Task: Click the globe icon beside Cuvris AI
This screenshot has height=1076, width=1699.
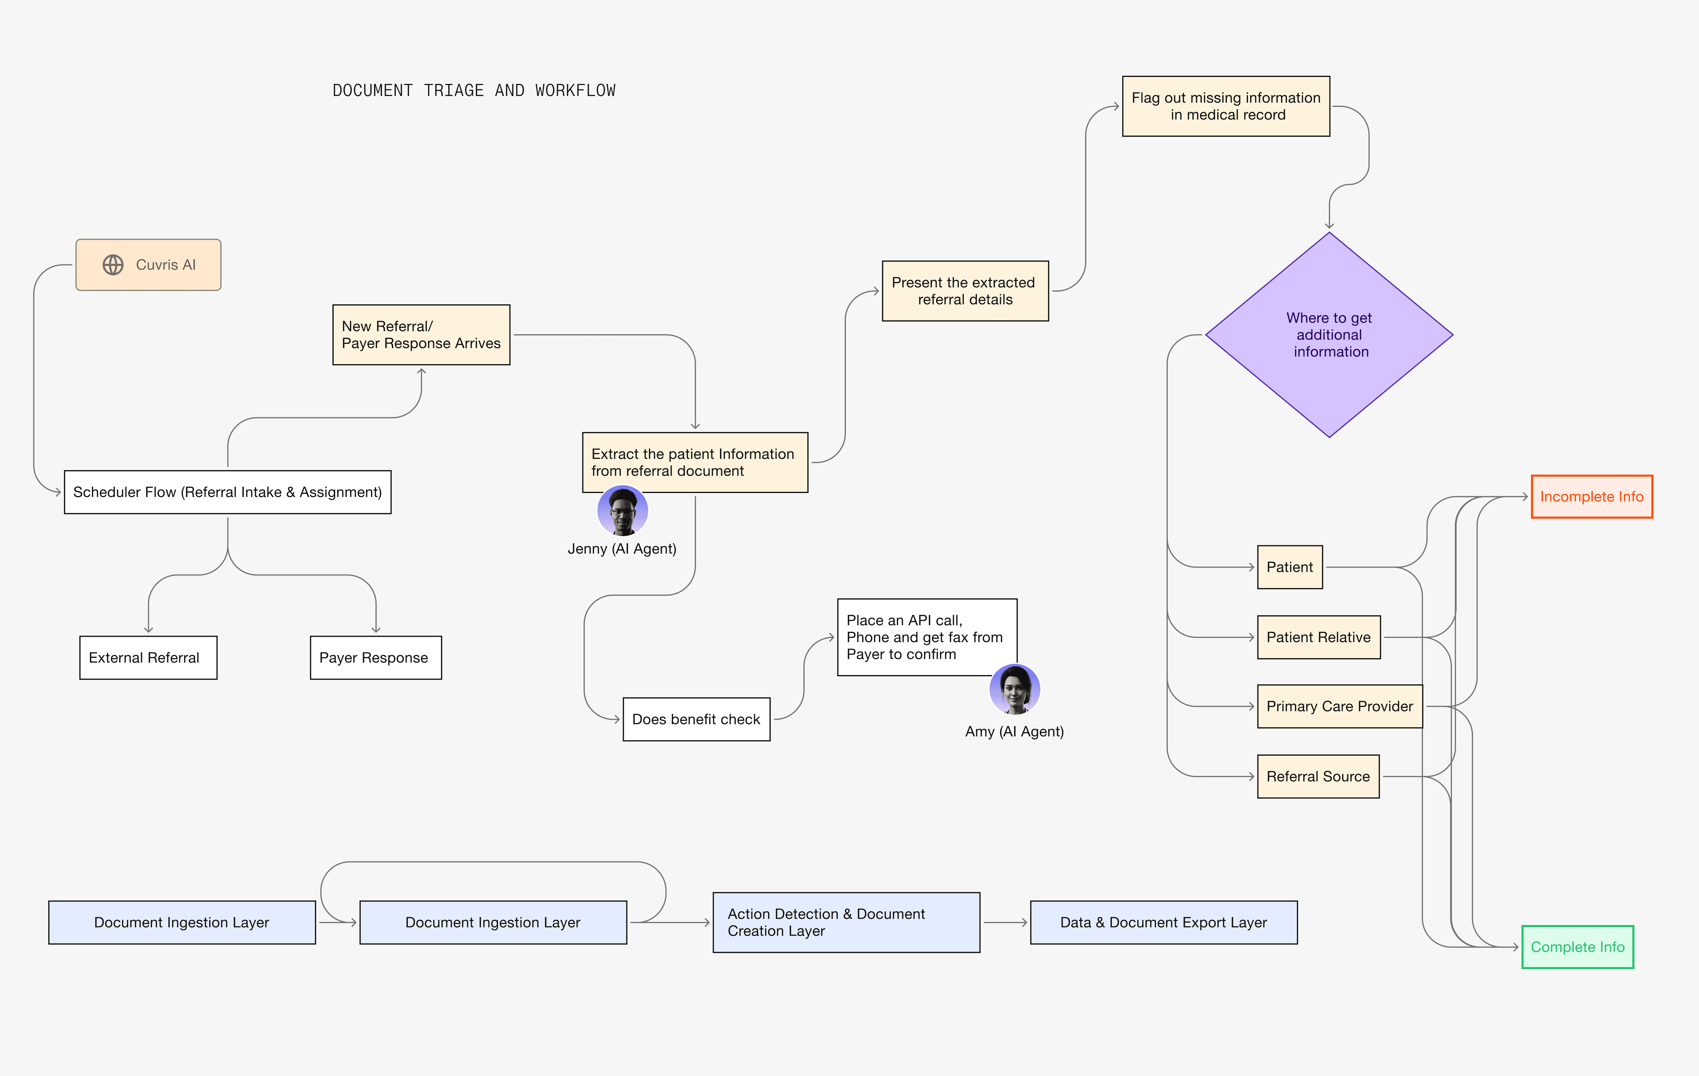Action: (113, 265)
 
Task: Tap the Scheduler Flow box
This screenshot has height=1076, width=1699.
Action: (227, 492)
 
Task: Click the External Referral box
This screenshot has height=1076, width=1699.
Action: (148, 657)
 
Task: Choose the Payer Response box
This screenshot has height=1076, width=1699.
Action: (375, 657)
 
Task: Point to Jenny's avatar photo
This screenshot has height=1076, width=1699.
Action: (622, 511)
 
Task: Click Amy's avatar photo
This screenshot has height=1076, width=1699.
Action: (1015, 689)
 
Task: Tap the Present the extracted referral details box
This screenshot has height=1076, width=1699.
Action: (964, 291)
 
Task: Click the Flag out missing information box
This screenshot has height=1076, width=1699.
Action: (1226, 106)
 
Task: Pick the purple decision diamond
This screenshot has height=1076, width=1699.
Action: (1329, 335)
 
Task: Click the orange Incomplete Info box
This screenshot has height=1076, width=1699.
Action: (1591, 496)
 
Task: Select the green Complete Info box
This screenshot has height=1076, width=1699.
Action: (1577, 947)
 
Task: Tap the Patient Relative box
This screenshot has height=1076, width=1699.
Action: (1318, 637)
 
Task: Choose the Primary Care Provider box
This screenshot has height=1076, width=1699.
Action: (1339, 706)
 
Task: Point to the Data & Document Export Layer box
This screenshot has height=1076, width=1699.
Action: (1164, 922)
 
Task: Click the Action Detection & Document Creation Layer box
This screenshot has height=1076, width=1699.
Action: (846, 922)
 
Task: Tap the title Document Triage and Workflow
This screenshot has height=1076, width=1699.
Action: (473, 90)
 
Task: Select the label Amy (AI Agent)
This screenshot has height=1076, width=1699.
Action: (1014, 732)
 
